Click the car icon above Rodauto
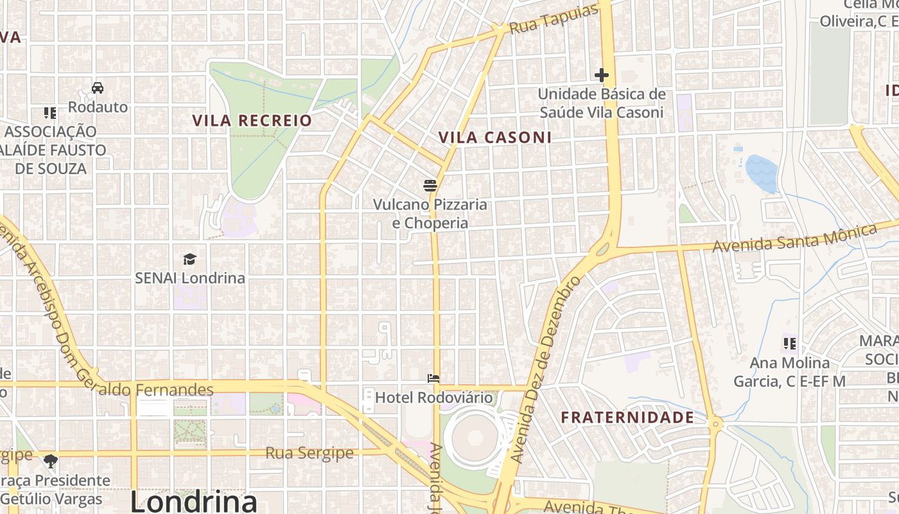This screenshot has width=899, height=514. [98, 88]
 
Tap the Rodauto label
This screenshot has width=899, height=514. [98, 107]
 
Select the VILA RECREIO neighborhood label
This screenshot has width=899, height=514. [252, 120]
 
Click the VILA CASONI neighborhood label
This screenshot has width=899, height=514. [494, 137]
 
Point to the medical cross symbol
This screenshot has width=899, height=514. [601, 75]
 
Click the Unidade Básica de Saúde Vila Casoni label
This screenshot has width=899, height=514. [601, 103]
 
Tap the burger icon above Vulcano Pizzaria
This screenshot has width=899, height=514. [430, 186]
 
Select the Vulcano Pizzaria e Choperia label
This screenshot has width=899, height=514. [430, 214]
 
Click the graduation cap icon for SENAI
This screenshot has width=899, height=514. [189, 259]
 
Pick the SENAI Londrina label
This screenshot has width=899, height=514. [189, 278]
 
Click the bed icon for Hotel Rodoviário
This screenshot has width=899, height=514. [433, 378]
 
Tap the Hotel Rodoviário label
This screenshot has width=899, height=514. [433, 398]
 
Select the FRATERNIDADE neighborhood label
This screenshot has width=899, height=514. [627, 418]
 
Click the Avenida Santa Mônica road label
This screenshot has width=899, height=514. [794, 238]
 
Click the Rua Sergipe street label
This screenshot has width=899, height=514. [310, 453]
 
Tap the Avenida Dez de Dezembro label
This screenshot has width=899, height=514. [545, 369]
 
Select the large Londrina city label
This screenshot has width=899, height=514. [193, 501]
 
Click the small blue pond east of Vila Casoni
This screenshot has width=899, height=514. [762, 173]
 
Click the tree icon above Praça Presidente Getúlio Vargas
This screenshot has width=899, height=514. [50, 461]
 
